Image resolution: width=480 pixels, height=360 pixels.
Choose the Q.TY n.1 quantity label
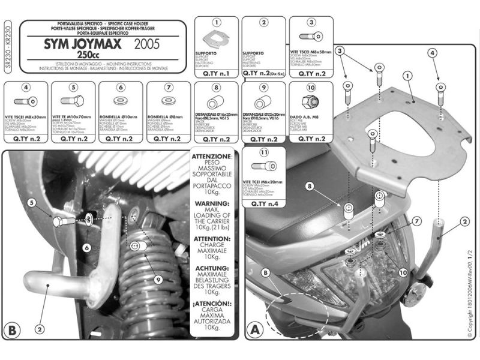(216, 74)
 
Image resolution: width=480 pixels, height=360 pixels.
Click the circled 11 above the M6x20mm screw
(264, 153)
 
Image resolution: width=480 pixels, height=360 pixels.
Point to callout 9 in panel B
(157, 278)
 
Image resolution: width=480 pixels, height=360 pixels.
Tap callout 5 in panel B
(31, 202)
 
